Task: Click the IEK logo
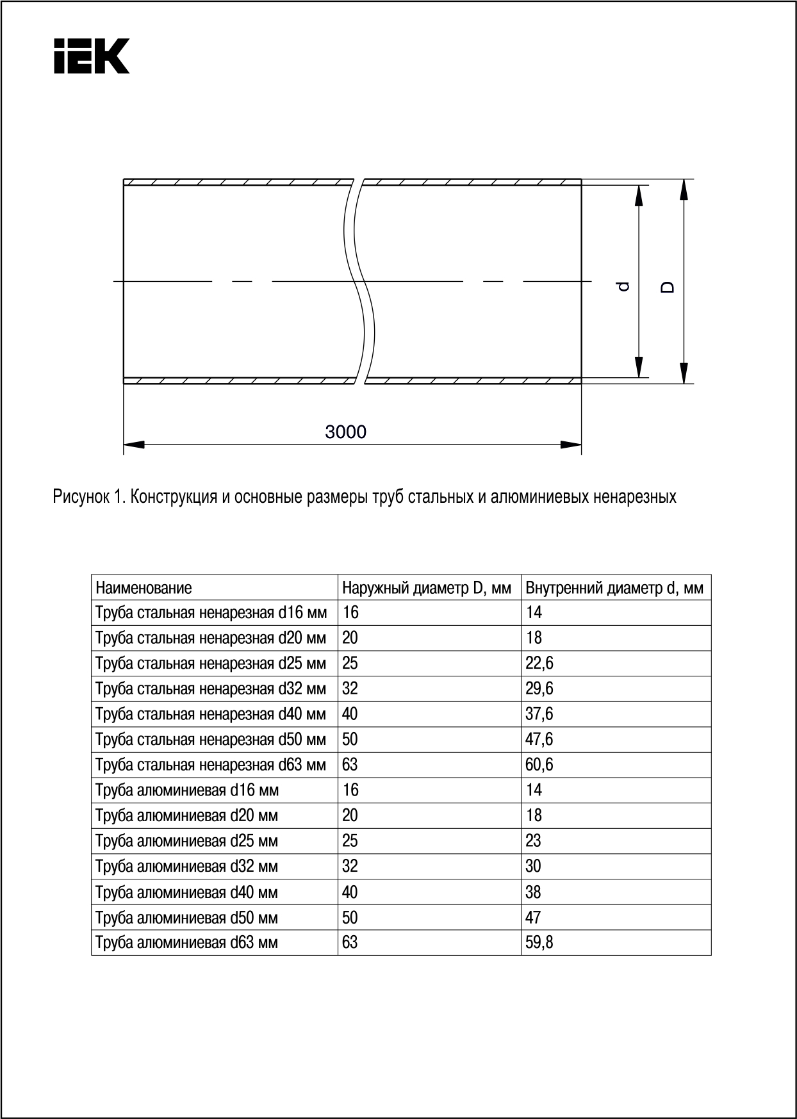(92, 56)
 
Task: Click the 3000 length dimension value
(345, 432)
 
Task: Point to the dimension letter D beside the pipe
(668, 286)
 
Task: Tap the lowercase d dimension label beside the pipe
(623, 286)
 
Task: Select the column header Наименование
(144, 587)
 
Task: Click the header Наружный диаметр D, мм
(427, 587)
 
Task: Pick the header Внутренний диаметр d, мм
(614, 587)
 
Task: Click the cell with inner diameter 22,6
(539, 663)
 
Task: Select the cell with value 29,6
(539, 689)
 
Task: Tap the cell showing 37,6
(539, 714)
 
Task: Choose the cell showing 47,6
(539, 739)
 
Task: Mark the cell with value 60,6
(539, 765)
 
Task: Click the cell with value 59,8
(539, 942)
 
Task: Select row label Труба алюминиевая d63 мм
(186, 942)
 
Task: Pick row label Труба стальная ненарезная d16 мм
(211, 612)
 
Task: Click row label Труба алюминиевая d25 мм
(186, 840)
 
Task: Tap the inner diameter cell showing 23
(533, 840)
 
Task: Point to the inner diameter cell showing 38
(533, 892)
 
